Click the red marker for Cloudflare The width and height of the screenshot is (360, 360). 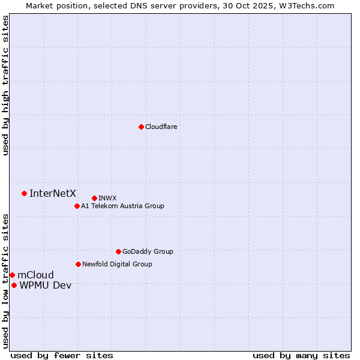(141, 127)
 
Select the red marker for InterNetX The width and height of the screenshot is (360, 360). (25, 193)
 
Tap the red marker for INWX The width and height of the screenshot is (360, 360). (94, 198)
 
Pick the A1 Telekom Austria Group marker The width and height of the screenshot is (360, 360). (77, 206)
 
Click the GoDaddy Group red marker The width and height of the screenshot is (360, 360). (118, 251)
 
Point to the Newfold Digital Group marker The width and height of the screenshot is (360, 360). (78, 264)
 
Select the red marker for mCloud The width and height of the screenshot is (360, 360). (12, 275)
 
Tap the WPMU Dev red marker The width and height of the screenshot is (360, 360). (14, 285)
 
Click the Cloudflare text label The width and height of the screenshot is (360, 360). (161, 127)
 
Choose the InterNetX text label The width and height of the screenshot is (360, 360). (53, 193)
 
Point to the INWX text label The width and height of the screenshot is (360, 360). (107, 198)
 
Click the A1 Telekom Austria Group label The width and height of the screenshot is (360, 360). (122, 206)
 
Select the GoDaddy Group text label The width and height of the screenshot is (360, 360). (148, 251)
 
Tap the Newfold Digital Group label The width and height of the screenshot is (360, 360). (117, 264)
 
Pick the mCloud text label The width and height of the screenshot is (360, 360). (35, 275)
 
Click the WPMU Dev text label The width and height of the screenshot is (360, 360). (45, 285)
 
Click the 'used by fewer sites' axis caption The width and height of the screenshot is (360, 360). (62, 355)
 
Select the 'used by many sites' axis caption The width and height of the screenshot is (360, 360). (301, 355)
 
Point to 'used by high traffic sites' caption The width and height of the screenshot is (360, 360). (5, 85)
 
